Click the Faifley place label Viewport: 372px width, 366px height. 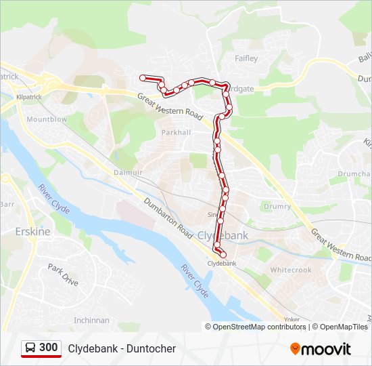point(246,58)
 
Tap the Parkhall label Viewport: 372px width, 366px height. point(176,132)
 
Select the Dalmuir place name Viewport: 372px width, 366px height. point(127,173)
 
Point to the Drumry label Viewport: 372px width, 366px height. point(277,206)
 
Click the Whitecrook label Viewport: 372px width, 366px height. point(291,270)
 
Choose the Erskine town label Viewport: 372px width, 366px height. point(32,231)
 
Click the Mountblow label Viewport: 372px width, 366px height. point(47,119)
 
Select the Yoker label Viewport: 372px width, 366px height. point(292,319)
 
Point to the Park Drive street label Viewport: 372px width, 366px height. point(63,274)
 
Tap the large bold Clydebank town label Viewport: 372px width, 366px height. point(223,235)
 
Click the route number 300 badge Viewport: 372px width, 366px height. point(48,348)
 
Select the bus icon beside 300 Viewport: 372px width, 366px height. point(30,348)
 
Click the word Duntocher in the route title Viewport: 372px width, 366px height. point(149,348)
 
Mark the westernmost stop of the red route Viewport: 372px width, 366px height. point(143,78)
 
